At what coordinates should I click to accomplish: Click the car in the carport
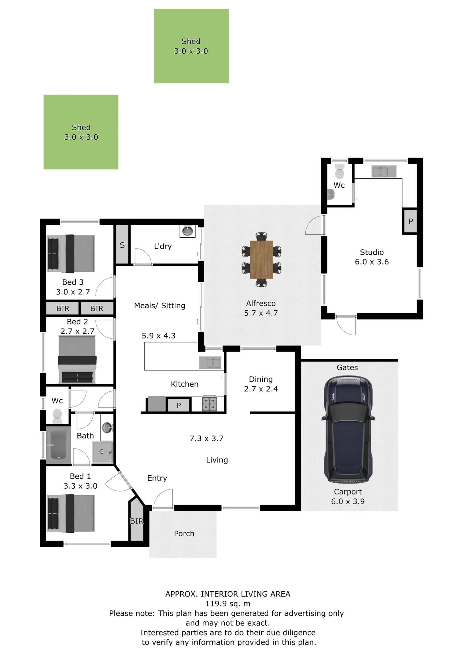click(348, 429)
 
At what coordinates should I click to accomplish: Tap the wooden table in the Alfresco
click(261, 259)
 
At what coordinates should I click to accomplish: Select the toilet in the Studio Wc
click(340, 172)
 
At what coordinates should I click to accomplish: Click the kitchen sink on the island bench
click(210, 362)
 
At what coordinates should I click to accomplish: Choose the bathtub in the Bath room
click(59, 445)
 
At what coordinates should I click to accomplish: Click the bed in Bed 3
click(71, 254)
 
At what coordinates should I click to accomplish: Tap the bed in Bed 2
click(77, 359)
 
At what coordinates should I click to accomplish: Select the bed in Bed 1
click(71, 514)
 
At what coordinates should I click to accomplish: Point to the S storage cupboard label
click(122, 245)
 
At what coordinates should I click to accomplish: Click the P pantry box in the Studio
click(411, 221)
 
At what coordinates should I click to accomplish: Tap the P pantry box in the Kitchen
click(179, 405)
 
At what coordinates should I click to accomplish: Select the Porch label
click(184, 534)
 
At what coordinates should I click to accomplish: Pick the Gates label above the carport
click(347, 367)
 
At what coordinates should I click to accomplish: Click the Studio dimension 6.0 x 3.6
click(372, 262)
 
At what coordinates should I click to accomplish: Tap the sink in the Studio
click(384, 172)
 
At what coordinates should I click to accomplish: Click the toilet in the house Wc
click(57, 416)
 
